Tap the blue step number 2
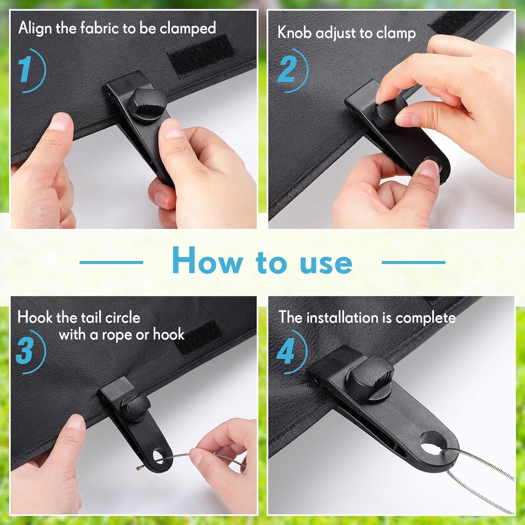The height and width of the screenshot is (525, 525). [x=286, y=71]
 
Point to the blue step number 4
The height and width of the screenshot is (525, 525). [x=286, y=351]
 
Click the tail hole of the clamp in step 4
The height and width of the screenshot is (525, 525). [x=433, y=441]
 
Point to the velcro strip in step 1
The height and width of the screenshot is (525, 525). [x=201, y=55]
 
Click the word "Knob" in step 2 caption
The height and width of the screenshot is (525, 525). [x=295, y=33]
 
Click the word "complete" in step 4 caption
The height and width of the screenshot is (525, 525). [x=425, y=318]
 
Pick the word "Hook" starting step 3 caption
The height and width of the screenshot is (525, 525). [x=35, y=317]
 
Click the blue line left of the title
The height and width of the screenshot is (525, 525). [x=111, y=262]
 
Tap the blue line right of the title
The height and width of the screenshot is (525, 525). [x=413, y=262]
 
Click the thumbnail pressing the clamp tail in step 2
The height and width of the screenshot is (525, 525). [x=430, y=169]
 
